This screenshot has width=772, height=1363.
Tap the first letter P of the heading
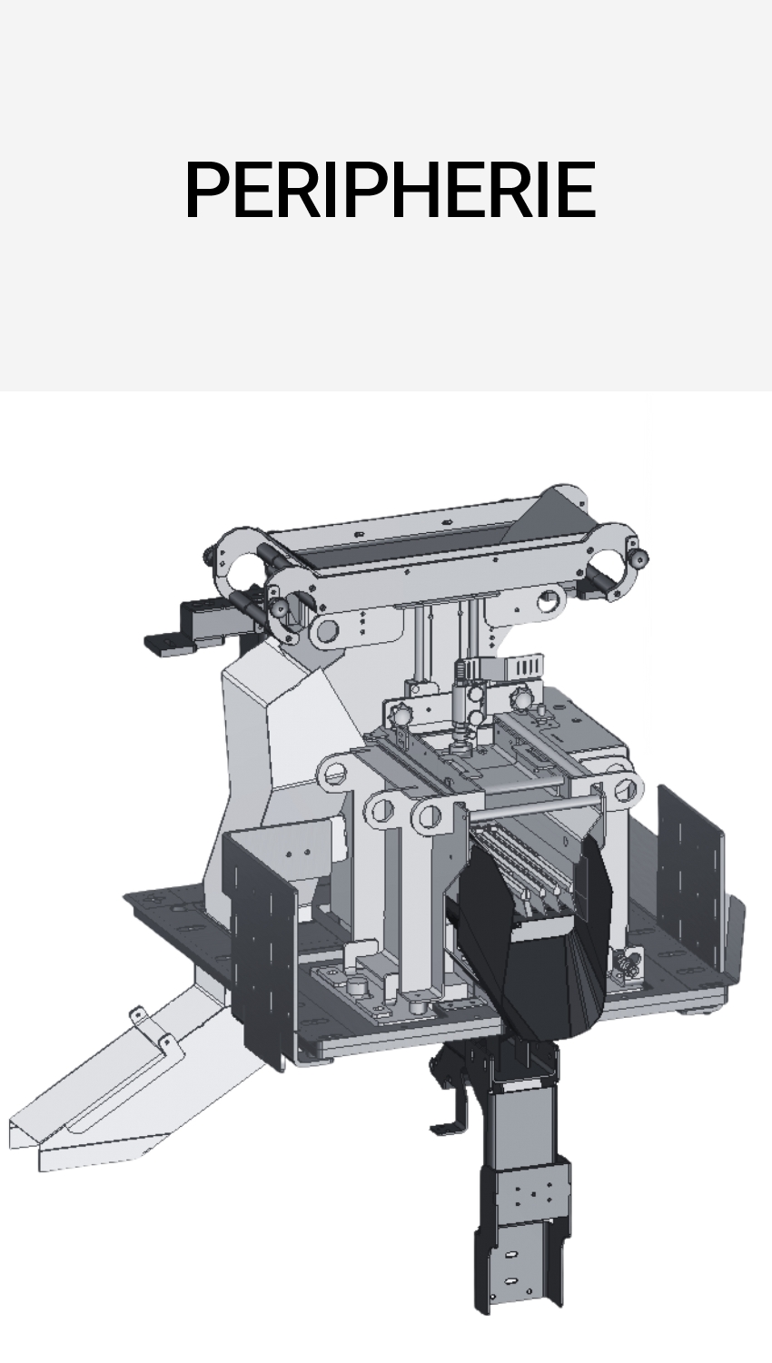[x=207, y=189]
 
